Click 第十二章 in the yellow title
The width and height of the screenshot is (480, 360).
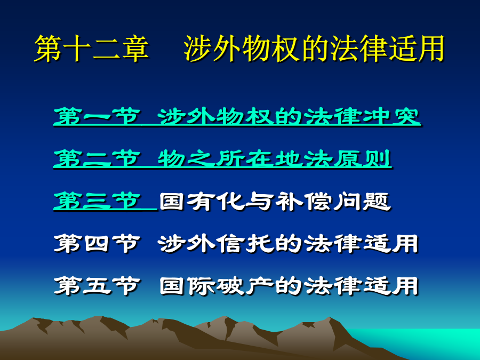click(91, 49)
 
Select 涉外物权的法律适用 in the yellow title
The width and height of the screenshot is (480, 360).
click(314, 49)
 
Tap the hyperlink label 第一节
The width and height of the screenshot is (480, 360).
click(97, 116)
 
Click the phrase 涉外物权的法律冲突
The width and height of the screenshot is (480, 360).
click(289, 116)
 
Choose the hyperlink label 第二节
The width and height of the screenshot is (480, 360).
click(97, 158)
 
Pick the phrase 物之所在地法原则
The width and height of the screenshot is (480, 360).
click(275, 158)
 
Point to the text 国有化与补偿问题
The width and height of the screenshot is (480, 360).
click(275, 201)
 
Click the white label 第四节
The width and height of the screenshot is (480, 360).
click(97, 243)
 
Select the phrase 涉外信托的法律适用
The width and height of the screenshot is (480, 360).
click(288, 243)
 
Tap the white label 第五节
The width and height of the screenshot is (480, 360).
click(97, 286)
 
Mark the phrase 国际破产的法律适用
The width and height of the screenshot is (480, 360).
click(289, 286)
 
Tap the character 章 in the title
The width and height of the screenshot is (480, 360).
click(135, 49)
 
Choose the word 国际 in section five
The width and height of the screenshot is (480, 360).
click(187, 286)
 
